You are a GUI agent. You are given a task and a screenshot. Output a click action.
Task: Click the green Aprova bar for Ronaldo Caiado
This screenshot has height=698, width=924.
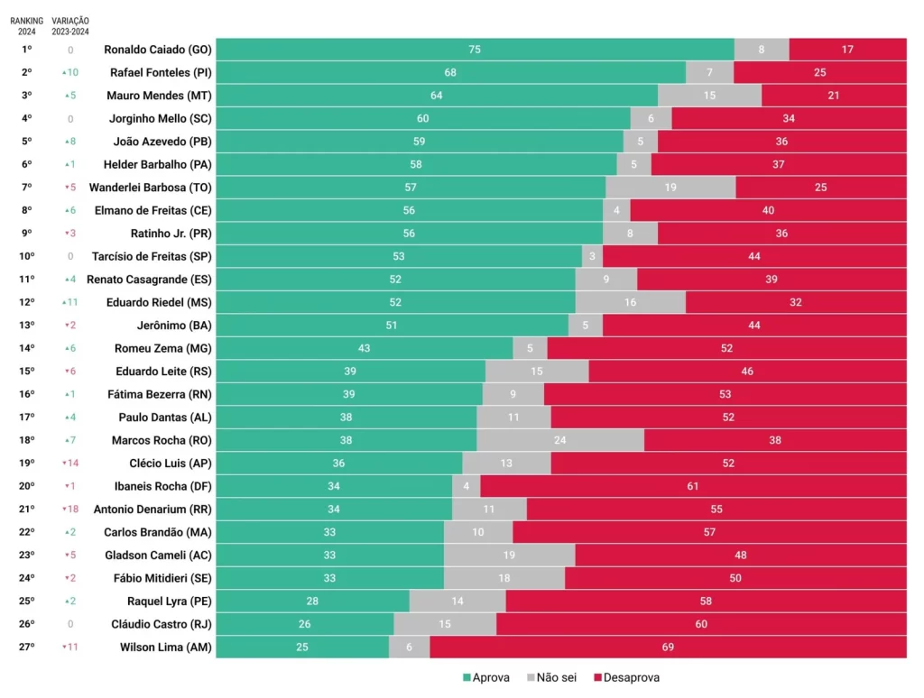[x=475, y=50]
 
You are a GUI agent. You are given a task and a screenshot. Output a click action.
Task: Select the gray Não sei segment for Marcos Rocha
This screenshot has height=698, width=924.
[x=559, y=440]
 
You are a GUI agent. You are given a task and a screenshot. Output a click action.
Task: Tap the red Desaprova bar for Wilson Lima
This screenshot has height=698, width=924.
[x=668, y=647]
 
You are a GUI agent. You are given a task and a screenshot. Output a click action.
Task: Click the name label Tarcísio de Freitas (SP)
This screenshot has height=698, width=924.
[x=152, y=256]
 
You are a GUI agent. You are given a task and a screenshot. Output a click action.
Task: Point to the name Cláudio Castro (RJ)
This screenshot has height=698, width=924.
[x=162, y=623]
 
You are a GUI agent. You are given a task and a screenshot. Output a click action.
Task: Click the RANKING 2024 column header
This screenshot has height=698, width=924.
[x=27, y=25]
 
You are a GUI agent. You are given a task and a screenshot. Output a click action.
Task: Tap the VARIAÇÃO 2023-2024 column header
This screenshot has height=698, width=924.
[x=70, y=25]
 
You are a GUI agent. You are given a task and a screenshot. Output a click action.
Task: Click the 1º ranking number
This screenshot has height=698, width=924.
[x=27, y=50]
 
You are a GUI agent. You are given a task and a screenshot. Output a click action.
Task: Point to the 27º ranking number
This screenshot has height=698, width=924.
[x=27, y=647]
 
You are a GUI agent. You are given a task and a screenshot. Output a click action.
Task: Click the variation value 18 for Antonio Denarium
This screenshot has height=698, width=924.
[x=72, y=509]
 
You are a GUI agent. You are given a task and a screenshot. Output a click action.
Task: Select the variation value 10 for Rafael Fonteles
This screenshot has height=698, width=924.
[x=72, y=72]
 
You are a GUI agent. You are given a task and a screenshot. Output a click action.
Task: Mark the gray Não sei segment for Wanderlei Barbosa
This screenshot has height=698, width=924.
[x=670, y=187]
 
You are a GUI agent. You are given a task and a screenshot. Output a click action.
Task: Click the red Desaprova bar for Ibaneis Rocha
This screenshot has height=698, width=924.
[x=693, y=486]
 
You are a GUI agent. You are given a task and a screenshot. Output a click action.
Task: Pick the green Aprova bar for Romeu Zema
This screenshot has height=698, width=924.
[x=365, y=348]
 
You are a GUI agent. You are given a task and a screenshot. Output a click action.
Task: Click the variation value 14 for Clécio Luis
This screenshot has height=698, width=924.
[x=72, y=463]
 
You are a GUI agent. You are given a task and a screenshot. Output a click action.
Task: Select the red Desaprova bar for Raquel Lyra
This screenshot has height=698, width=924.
[x=706, y=601]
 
